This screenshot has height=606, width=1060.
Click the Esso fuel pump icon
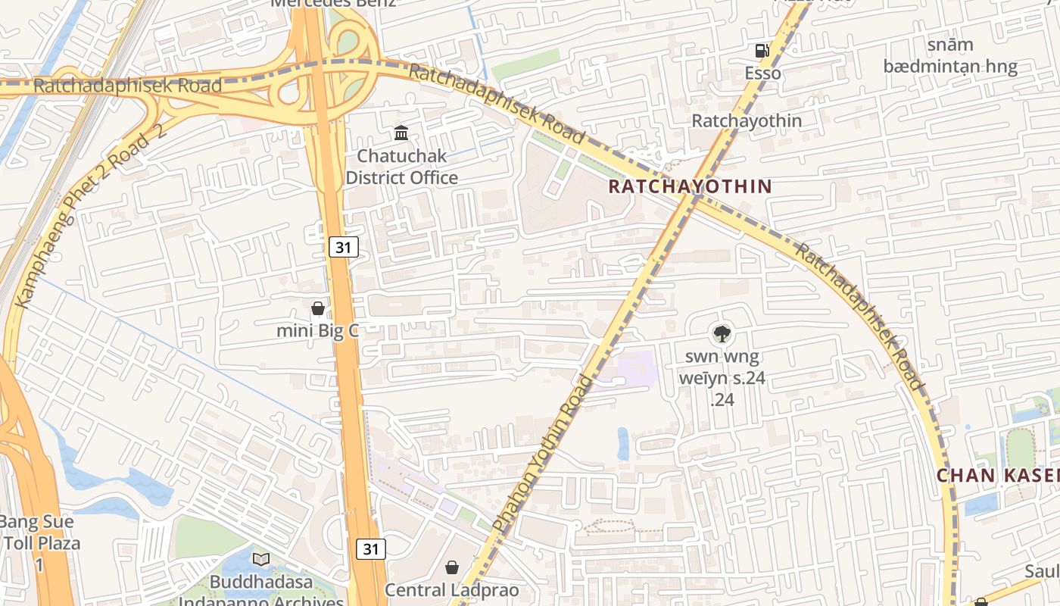click(x=762, y=51)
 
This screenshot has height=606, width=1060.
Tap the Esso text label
click(x=762, y=73)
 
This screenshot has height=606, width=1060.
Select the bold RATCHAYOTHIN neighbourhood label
click(x=690, y=186)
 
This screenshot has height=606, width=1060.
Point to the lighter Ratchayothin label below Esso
click(x=747, y=120)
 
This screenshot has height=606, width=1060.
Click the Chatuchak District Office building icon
click(x=401, y=134)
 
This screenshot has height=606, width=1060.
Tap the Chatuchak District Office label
click(x=402, y=167)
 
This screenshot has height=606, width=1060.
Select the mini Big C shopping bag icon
click(x=318, y=308)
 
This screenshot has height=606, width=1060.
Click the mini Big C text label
click(x=316, y=331)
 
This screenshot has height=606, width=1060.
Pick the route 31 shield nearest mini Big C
click(x=344, y=246)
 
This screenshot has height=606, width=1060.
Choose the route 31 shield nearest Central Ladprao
click(x=371, y=549)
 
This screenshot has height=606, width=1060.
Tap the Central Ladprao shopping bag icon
click(x=452, y=567)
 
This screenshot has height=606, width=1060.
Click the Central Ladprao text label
click(x=452, y=590)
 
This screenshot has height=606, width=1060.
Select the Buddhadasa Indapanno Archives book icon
click(x=261, y=560)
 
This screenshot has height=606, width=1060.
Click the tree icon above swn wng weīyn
click(x=722, y=333)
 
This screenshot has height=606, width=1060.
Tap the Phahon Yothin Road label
click(x=541, y=452)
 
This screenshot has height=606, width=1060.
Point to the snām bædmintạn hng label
click(x=950, y=55)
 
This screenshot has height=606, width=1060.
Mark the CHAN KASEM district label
click(x=998, y=476)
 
